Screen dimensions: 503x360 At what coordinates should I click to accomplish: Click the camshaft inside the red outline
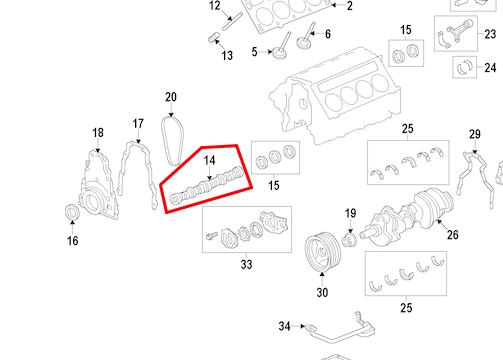pos(207,185)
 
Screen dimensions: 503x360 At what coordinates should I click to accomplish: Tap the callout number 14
pos(209,160)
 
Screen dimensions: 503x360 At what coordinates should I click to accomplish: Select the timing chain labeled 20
pos(173,141)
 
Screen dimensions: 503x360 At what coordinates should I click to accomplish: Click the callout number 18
pos(98,133)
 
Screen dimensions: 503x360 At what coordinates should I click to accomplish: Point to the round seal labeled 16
pos(72,212)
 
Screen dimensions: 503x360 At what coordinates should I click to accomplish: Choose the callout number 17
pos(138,124)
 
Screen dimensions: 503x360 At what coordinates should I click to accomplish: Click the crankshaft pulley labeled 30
pos(323,251)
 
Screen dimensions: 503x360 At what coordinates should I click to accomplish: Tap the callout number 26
pos(452,235)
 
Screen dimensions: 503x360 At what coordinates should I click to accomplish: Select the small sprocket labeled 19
pos(349,240)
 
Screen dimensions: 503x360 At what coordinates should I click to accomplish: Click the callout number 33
pos(246,264)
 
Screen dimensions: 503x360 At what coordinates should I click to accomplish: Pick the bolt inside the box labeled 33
pos(212,236)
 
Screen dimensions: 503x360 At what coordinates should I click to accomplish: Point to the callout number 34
pos(284,326)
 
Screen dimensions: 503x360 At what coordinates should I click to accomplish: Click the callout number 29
pos(475,134)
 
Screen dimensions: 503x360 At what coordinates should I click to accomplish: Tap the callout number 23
pos(490,34)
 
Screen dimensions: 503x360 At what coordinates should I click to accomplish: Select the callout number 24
pos(490,68)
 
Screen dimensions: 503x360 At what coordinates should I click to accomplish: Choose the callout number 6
pos(328,34)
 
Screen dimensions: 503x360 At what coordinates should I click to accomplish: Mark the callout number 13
pos(227,55)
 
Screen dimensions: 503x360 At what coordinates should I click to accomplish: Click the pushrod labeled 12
pos(232,22)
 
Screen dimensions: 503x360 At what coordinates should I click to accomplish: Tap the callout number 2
pos(349,6)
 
